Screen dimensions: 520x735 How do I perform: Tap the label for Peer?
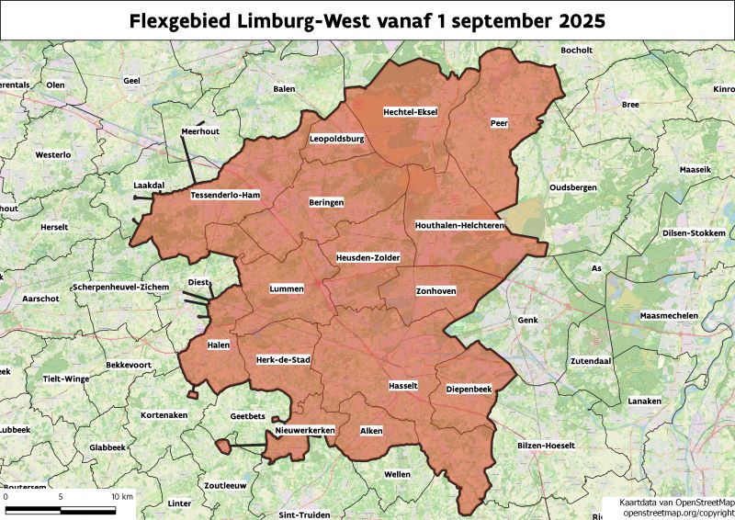pos(499,122)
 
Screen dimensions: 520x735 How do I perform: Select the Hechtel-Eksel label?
pos(410,112)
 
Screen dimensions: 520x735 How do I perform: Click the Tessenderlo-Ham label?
pos(226,196)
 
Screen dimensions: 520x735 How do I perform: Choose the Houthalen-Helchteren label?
pos(460,224)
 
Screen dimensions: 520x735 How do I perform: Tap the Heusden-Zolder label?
pos(368,258)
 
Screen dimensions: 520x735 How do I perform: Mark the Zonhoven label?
pos(435,291)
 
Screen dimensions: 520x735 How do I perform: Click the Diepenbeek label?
pos(469,390)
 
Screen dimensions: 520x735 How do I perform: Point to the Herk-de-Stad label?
pos(283,360)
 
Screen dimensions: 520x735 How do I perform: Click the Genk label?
pos(527,321)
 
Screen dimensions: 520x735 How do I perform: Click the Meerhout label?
pos(200,132)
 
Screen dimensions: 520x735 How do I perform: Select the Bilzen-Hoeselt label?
pos(546,446)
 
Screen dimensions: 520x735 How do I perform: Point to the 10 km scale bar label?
pos(121,496)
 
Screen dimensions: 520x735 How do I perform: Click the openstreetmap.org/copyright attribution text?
pos(679,513)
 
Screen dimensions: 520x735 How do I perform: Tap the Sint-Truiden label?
pos(303,515)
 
